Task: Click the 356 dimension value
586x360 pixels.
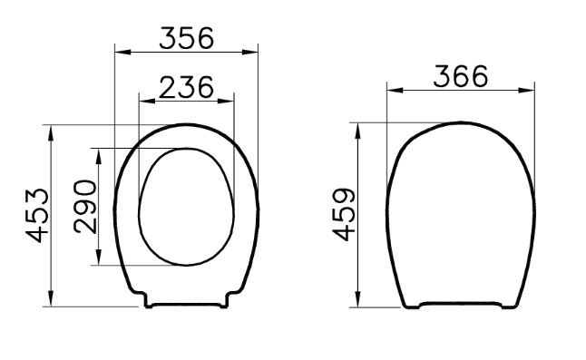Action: (186, 37)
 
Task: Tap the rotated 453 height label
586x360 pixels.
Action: (37, 215)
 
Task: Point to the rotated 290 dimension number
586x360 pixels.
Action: (84, 206)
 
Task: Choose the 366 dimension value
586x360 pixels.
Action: (460, 76)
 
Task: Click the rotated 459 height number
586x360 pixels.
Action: (343, 215)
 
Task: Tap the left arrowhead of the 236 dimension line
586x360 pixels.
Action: (142, 100)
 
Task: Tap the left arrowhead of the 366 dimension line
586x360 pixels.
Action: (392, 90)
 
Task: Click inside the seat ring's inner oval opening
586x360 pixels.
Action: (186, 207)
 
